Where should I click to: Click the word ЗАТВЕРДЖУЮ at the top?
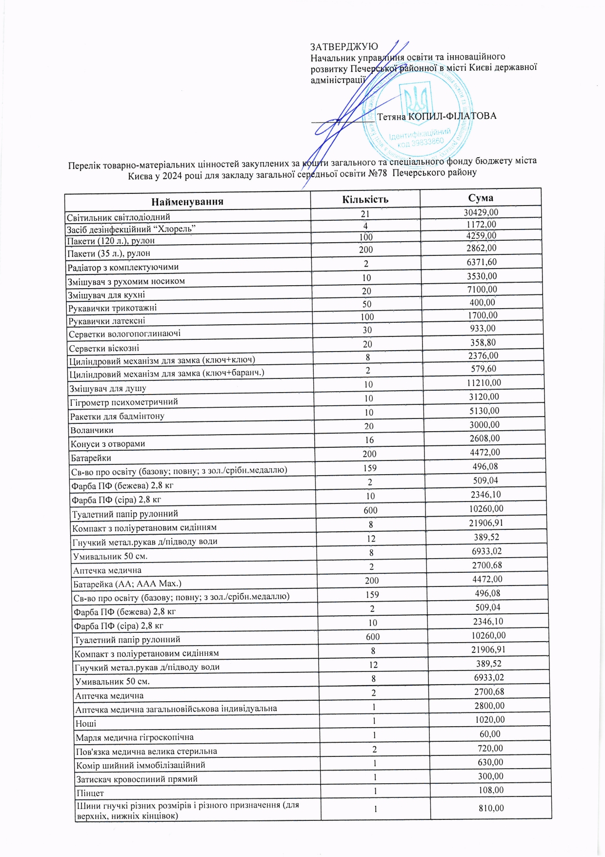point(344,47)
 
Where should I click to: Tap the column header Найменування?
point(187,202)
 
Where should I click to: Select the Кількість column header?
point(365,199)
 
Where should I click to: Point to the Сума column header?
point(481,198)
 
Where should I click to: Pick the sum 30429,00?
point(481,212)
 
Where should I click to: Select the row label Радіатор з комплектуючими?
point(123,268)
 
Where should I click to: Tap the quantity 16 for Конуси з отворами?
point(369,440)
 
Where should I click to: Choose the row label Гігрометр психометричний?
point(124,402)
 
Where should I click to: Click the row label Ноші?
point(86,724)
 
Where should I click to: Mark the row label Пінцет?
point(90,794)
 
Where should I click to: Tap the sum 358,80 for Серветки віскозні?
point(482,343)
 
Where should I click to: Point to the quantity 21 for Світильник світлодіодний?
point(365,214)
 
